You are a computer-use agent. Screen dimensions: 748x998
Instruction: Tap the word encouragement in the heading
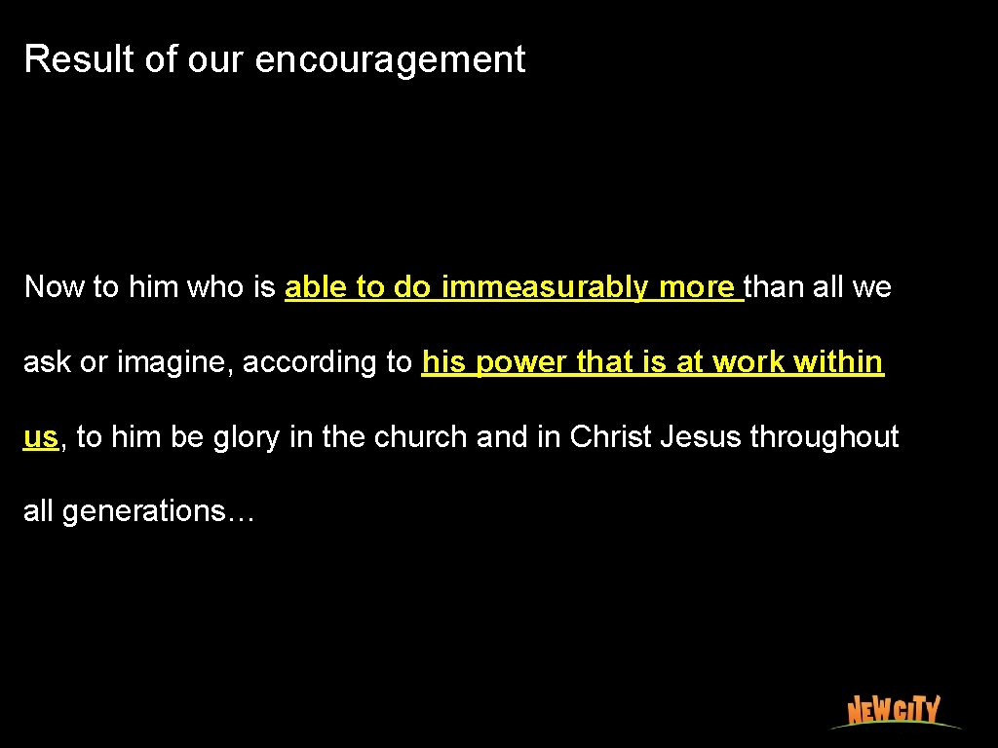[x=390, y=60]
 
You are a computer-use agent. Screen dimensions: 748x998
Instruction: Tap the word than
[x=777, y=287]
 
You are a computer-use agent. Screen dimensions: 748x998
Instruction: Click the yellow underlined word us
[x=41, y=437]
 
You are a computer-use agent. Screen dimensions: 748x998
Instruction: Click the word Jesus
[x=701, y=437]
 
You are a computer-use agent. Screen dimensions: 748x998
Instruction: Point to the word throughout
[x=825, y=437]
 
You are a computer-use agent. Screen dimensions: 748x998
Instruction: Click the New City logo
[x=894, y=710]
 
